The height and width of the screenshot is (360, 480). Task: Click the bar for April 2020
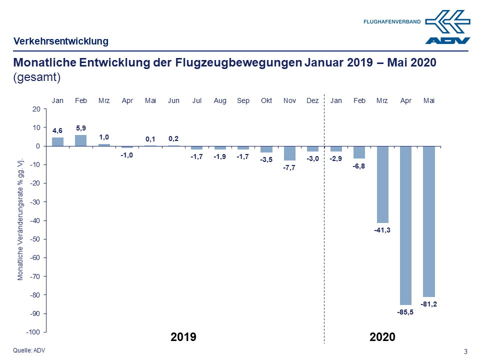[405, 225]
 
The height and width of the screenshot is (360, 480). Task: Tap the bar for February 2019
[81, 140]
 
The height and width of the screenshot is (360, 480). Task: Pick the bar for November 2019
[289, 153]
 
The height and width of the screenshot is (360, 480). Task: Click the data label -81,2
[429, 304]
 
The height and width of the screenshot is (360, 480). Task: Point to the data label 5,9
[81, 128]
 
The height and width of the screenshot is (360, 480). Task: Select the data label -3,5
[266, 160]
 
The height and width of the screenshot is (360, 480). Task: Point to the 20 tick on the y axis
[35, 109]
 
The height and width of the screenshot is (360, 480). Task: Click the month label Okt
[266, 100]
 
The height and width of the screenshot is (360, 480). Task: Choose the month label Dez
[312, 100]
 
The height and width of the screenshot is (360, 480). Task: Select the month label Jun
[173, 100]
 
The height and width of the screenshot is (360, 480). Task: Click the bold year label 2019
[183, 337]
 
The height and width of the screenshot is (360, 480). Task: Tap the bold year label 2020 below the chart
[382, 337]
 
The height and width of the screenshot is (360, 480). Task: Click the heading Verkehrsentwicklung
[61, 41]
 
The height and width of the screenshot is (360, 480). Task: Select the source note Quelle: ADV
[29, 350]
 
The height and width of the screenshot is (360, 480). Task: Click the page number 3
[465, 351]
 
